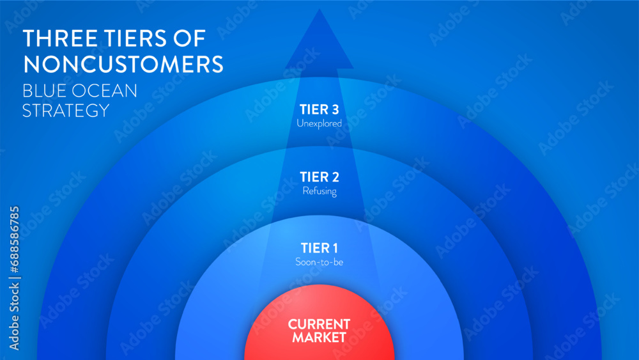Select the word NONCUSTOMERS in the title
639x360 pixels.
tap(123, 65)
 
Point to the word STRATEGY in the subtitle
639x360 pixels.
tap(66, 110)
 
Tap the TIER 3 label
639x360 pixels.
tap(319, 109)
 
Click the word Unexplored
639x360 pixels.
tap(319, 122)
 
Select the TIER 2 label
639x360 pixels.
tap(319, 177)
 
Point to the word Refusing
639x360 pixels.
tap(319, 191)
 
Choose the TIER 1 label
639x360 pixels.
tap(319, 247)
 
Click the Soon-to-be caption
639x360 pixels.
tap(319, 262)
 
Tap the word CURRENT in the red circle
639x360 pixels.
tap(319, 324)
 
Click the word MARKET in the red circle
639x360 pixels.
tap(319, 338)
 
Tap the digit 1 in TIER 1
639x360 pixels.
tap(334, 247)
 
